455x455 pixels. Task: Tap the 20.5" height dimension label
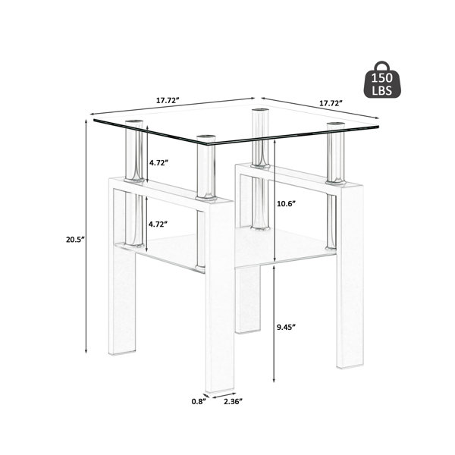point(75,240)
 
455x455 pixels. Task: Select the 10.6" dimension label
point(286,203)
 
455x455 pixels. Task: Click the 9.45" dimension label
point(286,327)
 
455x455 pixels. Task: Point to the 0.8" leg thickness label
point(199,401)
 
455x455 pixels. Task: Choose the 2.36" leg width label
point(233,401)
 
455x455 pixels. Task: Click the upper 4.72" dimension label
point(158,162)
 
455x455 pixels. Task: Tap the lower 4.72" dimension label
point(158,224)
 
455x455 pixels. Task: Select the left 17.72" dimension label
point(168,101)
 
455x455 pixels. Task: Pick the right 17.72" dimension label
point(331,103)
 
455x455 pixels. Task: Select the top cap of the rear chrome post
point(260,110)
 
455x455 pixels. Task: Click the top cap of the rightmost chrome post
point(335,124)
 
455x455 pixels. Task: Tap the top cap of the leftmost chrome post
point(134,121)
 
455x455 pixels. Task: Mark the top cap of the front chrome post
point(206,136)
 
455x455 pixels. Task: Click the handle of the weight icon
point(382,65)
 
